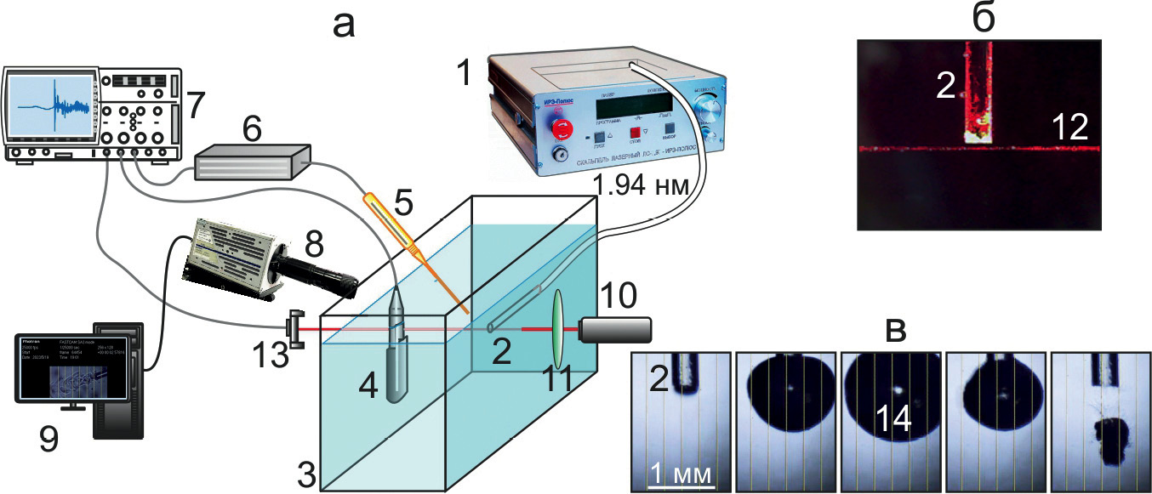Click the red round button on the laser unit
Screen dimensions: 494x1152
point(562,129)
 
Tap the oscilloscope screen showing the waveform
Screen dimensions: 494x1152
point(50,105)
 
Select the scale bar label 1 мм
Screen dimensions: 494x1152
point(681,473)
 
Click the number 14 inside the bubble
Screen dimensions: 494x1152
point(890,414)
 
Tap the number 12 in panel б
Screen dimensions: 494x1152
point(1069,128)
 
